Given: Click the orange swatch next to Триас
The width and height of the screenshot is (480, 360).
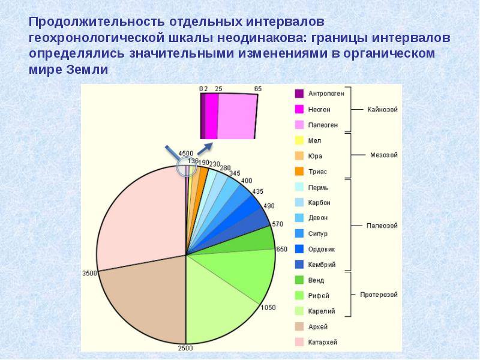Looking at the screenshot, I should (x=298, y=171).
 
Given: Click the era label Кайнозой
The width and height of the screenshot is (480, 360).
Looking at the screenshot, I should (x=383, y=109).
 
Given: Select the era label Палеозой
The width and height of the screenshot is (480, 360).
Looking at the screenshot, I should (x=382, y=226).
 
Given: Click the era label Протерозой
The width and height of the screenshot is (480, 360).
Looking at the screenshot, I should (x=379, y=295).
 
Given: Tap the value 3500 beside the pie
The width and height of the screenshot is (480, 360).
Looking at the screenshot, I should (x=89, y=274).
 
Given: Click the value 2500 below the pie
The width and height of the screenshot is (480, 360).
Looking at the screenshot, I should (x=185, y=349).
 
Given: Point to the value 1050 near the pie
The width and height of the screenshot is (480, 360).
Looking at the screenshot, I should (x=268, y=307).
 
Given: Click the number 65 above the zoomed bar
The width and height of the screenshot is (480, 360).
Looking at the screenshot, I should (x=258, y=89).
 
